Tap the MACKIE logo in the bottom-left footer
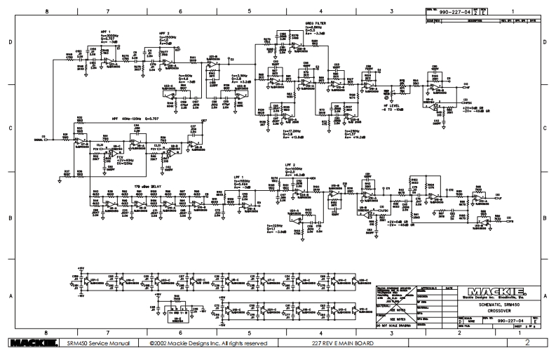coord(29,343)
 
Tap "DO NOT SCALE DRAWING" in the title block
coord(400,326)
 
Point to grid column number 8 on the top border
coord(47,12)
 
